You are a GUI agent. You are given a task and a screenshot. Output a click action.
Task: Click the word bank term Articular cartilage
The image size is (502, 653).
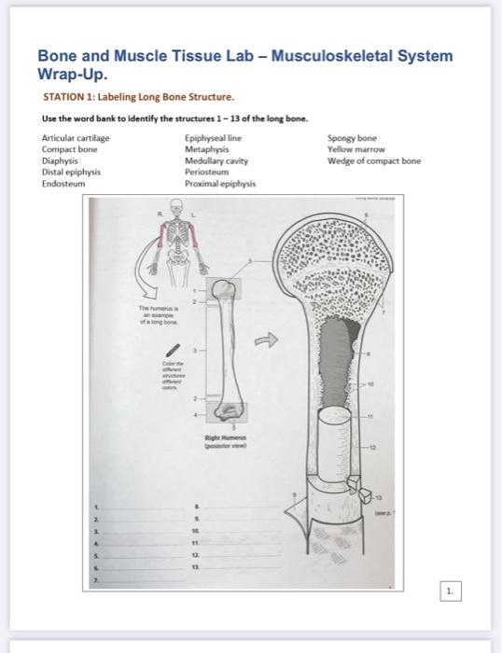click(76, 138)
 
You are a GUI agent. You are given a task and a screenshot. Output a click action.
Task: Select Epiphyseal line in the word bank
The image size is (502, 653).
click(214, 138)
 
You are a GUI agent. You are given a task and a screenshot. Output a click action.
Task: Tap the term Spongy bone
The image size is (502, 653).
click(352, 138)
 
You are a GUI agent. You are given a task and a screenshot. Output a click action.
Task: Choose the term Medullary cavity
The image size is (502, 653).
click(216, 160)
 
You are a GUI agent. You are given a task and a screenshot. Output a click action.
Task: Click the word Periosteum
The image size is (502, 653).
click(208, 172)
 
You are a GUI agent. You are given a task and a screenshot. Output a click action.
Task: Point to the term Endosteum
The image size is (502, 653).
click(63, 184)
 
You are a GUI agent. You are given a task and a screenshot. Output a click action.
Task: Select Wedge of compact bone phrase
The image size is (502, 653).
click(374, 160)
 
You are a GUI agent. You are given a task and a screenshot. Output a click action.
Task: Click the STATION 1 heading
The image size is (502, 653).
click(139, 96)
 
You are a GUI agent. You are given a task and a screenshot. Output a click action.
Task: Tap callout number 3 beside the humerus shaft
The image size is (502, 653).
click(196, 351)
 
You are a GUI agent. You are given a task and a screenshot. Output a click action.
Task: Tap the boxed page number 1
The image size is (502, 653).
click(451, 591)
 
